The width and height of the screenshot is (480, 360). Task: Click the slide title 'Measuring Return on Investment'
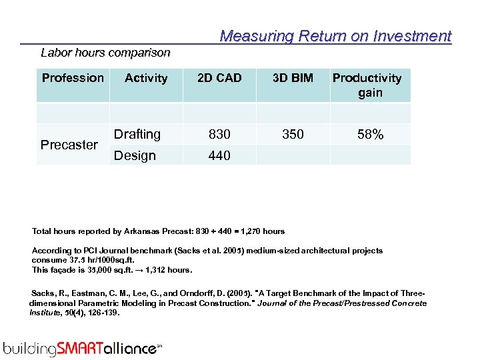point(335,36)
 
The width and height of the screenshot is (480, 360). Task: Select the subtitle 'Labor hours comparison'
point(105,52)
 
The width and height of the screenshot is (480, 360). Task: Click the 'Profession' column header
point(73,78)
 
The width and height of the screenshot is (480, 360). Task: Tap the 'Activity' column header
point(146,79)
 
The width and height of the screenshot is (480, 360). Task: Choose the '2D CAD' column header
point(219,78)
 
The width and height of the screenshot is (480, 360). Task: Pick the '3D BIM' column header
point(293,78)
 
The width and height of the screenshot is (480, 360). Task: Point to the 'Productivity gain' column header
point(367,85)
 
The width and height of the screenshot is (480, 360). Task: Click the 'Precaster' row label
point(69,145)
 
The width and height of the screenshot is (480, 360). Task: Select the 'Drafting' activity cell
point(137,134)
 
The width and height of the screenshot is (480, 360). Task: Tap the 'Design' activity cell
point(135,155)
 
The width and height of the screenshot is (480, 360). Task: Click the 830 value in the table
point(219,134)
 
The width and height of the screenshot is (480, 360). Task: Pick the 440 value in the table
point(219,155)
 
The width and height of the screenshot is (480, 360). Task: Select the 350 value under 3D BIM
point(293,134)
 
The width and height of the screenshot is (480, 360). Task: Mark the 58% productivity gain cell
point(370,134)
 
